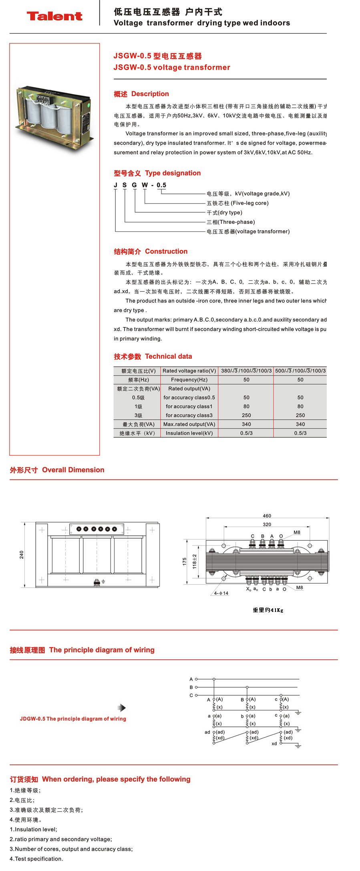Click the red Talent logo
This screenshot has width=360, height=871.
tap(54, 16)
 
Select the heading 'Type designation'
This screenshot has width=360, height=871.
tap(173, 173)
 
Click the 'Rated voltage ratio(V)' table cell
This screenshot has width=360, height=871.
tap(189, 371)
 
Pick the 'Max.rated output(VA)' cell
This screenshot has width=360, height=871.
tap(189, 424)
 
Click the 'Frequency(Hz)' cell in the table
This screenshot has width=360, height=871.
tap(189, 380)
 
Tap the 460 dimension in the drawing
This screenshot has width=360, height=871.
tap(267, 516)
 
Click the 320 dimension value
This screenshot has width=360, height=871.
tap(267, 524)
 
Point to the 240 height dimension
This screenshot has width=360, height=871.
tap(22, 555)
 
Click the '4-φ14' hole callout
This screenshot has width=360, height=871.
tap(221, 593)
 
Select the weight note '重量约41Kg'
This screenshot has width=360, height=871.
tap(268, 610)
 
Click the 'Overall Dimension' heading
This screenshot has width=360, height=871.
tap(73, 470)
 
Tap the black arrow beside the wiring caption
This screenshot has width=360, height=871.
tap(122, 708)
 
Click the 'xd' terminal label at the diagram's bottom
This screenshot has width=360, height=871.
tap(274, 744)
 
